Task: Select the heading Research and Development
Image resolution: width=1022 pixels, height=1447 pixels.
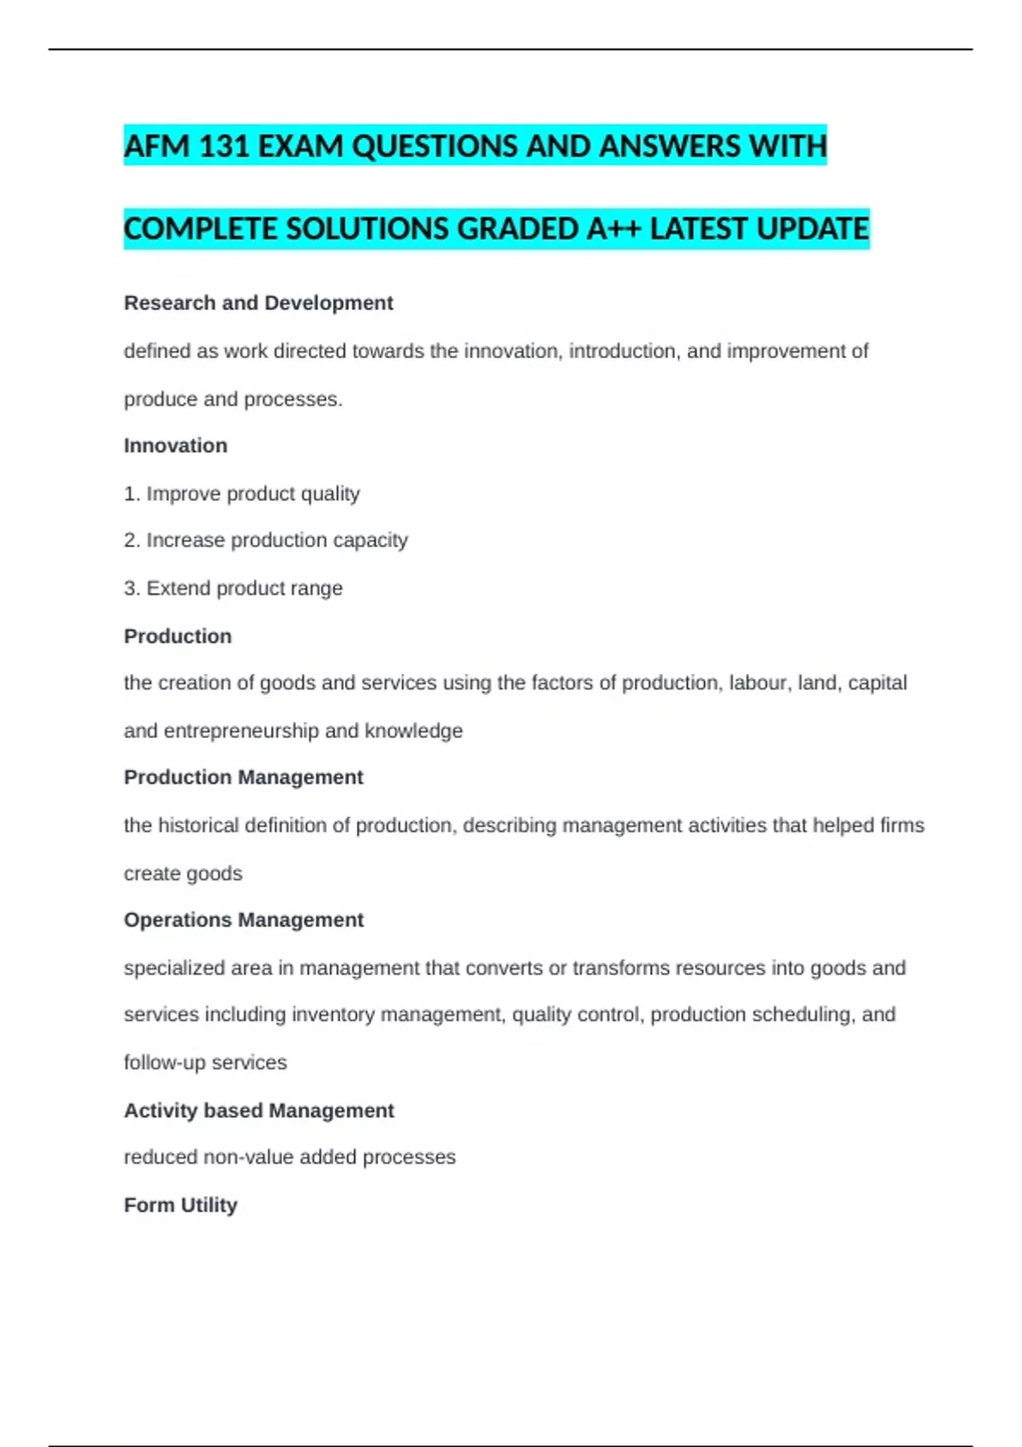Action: [258, 303]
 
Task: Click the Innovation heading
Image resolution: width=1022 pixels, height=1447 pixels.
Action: [175, 446]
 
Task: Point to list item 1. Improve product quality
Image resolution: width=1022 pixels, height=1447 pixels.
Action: [242, 494]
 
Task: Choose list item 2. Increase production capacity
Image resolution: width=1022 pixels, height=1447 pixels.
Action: [266, 540]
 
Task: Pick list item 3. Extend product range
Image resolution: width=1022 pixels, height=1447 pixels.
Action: [233, 588]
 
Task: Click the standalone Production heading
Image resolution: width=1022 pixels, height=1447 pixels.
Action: [177, 636]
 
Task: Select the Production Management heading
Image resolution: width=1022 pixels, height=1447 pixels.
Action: [244, 777]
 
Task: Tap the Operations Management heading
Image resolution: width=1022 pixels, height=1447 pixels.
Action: [244, 920]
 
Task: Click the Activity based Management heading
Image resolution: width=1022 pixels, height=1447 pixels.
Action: [259, 1111]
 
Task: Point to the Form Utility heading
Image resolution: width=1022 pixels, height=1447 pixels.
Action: [181, 1205]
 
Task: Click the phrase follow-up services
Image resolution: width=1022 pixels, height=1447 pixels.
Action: [205, 1063]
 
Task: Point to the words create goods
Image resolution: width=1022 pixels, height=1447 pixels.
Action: [183, 873]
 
